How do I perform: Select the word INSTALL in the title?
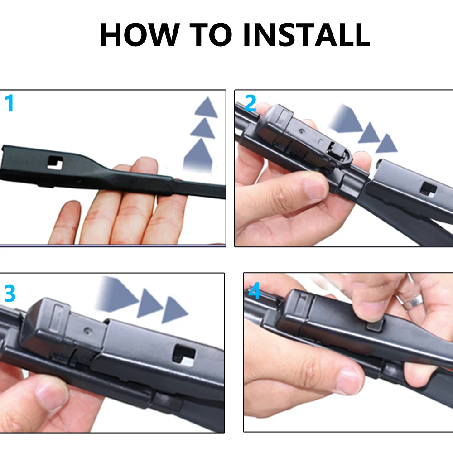coord(306,34)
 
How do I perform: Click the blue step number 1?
coord(9,104)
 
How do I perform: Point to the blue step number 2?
coord(250,104)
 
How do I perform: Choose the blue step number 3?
coord(10,294)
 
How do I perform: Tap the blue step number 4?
coord(255,292)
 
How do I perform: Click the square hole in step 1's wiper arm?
coord(57,162)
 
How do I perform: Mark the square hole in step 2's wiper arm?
coord(427,188)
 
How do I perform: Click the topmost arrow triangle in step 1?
coord(206,108)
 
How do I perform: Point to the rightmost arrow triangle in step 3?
coord(174,310)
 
